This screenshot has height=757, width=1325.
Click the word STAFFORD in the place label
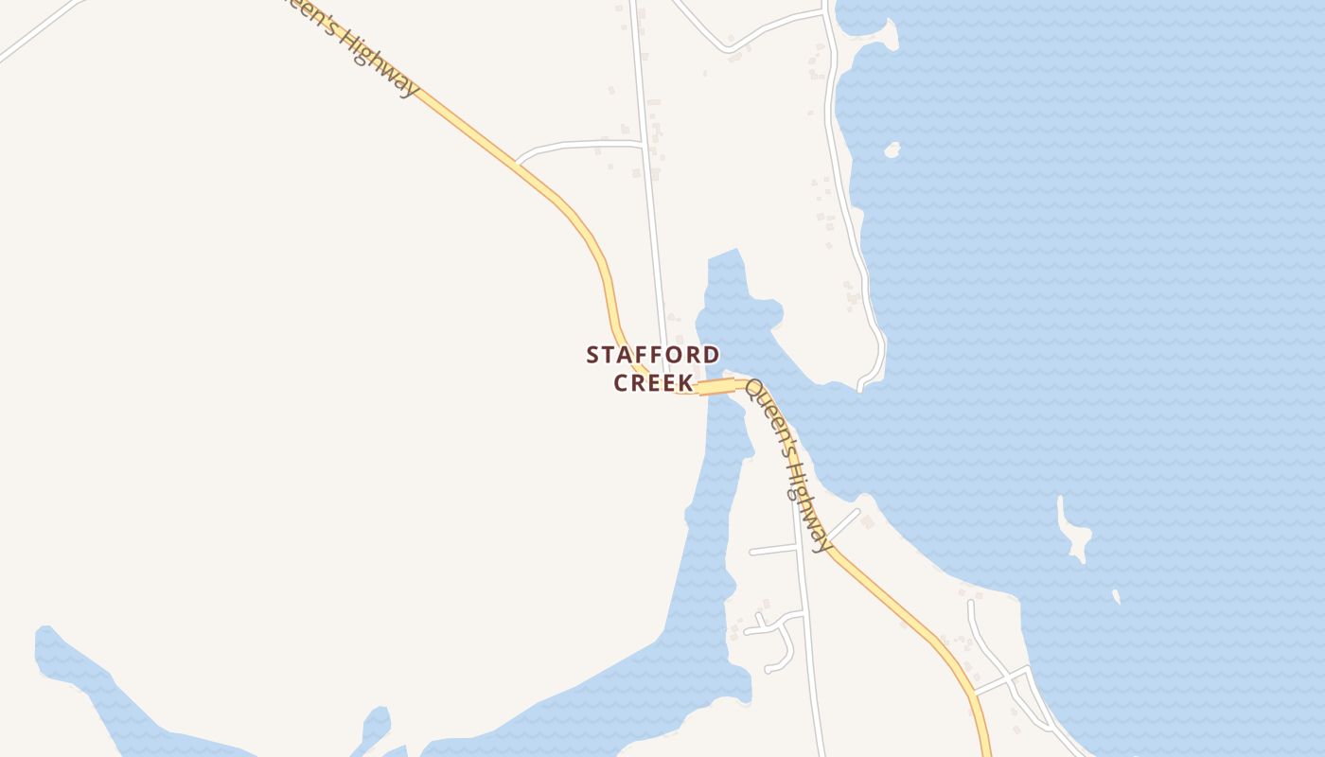pos(652,355)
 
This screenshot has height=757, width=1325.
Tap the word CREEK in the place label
pos(652,383)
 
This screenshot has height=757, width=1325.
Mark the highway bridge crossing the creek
pos(716,386)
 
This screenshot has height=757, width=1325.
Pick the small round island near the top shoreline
pos(892,150)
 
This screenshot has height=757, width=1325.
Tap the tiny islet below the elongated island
pos(1116,596)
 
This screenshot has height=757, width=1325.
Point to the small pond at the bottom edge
pos(376,724)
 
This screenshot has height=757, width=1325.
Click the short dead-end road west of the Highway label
pos(771,550)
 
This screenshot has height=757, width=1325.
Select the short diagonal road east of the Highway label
pos(844,523)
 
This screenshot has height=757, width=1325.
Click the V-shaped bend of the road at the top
pos(729,48)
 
